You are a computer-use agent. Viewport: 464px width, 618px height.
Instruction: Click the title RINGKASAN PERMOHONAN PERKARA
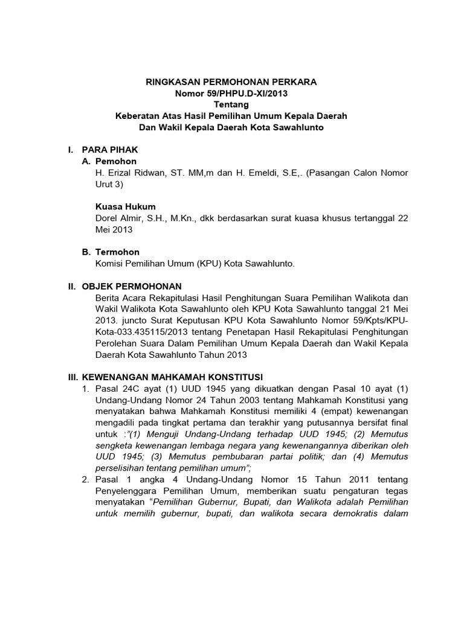[232, 81]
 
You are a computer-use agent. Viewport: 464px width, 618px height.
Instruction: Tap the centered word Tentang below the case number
[232, 104]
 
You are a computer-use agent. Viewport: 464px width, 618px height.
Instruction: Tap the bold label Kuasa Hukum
[126, 206]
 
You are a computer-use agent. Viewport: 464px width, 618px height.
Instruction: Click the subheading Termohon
[118, 252]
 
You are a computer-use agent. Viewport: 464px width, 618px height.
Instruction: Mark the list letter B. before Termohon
[86, 252]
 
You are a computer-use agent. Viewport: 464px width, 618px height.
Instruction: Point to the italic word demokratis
[356, 514]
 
